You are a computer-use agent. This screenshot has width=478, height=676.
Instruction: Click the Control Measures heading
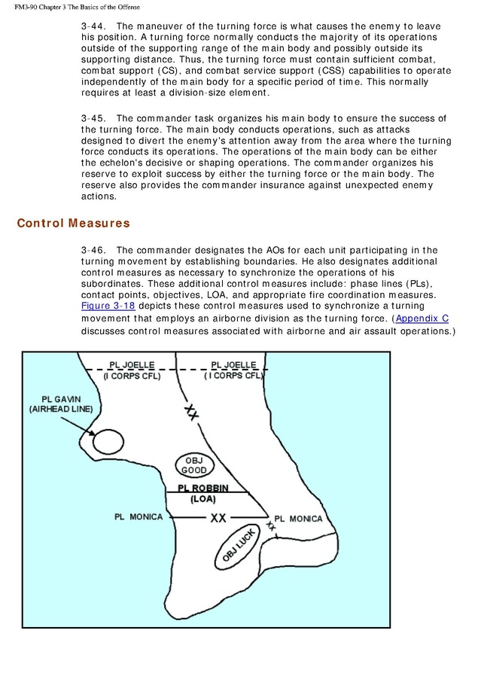pyautogui.click(x=73, y=224)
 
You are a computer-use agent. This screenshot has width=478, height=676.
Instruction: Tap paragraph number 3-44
pyautogui.click(x=93, y=26)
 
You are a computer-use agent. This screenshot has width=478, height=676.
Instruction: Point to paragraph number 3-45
pyautogui.click(x=93, y=118)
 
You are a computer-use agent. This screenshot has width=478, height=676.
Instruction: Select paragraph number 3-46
pyautogui.click(x=93, y=250)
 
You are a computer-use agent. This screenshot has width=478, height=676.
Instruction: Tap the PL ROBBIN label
pyautogui.click(x=202, y=488)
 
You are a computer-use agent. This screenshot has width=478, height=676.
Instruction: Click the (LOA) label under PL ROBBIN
pyautogui.click(x=202, y=498)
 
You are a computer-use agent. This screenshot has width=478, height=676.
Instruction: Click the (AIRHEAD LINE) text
pyautogui.click(x=58, y=410)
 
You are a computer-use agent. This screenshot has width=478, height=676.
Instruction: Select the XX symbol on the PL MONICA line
pyautogui.click(x=218, y=518)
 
